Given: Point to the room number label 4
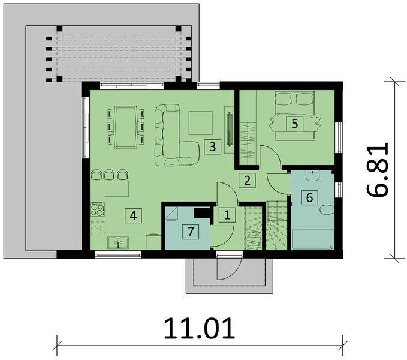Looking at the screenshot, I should (133, 215).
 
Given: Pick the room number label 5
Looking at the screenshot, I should (294, 124).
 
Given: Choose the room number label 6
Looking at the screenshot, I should (309, 197).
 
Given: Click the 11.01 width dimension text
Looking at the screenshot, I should (200, 329).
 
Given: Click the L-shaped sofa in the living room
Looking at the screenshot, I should (174, 138).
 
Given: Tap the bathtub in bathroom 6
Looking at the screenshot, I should (312, 238).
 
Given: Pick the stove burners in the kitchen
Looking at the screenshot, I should (97, 209).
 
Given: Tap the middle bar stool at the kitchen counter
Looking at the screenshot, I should (109, 175).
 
